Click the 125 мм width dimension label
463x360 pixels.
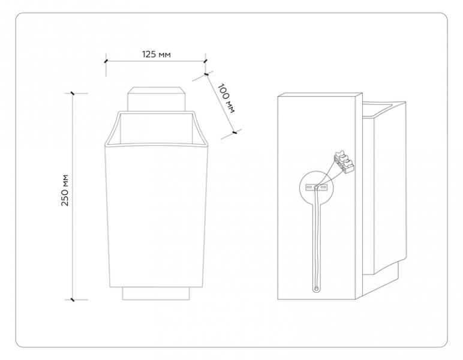(x=157, y=55)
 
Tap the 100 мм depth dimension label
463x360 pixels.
(x=227, y=98)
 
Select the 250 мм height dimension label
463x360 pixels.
(x=65, y=190)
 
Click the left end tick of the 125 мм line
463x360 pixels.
(x=106, y=61)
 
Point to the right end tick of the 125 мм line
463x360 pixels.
(x=206, y=61)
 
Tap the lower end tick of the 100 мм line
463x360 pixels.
(x=234, y=133)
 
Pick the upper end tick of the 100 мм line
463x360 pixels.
(x=206, y=74)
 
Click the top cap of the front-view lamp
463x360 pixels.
(x=157, y=99)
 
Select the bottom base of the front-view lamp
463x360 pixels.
(x=156, y=293)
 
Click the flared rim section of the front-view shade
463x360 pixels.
(x=157, y=128)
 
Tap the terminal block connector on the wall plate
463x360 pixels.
(x=344, y=162)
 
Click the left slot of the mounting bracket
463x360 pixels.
(x=309, y=188)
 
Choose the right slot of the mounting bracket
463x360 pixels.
(x=323, y=187)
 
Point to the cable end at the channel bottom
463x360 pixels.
(x=316, y=289)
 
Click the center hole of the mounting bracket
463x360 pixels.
(x=316, y=187)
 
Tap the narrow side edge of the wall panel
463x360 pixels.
(x=359, y=196)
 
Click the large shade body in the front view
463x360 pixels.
(x=157, y=215)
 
